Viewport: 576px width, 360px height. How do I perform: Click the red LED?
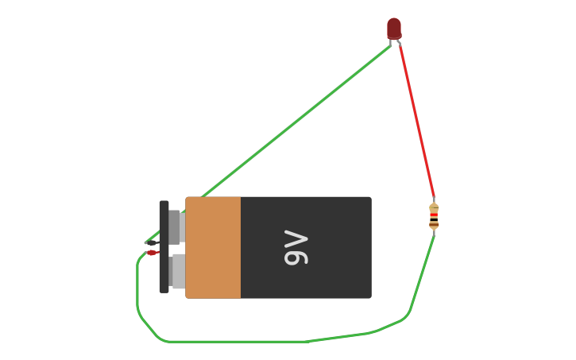(394, 28)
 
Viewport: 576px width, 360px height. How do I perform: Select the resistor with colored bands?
(434, 216)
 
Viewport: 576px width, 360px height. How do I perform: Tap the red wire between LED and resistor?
(416, 119)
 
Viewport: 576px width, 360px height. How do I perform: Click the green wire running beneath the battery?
(238, 342)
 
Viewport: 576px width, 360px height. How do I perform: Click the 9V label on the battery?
(296, 247)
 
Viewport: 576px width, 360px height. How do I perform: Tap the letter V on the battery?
(296, 238)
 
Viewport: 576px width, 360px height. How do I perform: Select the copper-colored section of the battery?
(213, 247)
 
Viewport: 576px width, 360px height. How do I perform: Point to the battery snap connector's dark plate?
(164, 246)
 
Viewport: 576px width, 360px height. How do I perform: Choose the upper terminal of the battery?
(176, 226)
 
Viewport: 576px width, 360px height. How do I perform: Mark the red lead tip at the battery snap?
(151, 253)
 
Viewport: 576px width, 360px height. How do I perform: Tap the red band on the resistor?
(434, 215)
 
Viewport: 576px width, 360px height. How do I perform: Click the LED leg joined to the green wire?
(391, 44)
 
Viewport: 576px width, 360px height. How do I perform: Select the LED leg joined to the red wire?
(398, 42)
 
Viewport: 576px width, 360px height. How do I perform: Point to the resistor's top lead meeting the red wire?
(434, 201)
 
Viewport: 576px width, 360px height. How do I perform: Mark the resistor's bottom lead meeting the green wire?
(434, 230)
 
